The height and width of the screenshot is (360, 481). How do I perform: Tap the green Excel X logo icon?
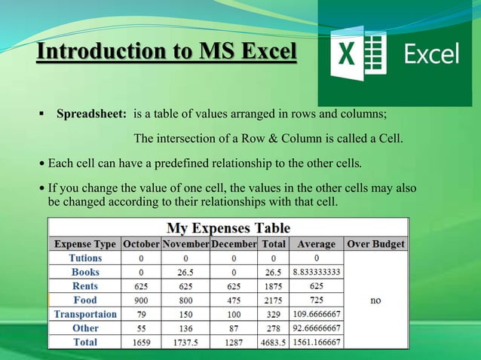point(359,54)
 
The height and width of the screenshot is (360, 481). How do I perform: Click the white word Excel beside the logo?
point(432,54)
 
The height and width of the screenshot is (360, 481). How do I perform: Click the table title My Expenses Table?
point(228,227)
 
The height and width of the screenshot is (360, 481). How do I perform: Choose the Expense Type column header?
point(85,244)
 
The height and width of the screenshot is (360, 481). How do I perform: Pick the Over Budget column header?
point(375,244)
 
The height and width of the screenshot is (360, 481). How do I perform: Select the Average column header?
point(316,244)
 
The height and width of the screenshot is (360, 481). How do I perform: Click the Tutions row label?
point(85,258)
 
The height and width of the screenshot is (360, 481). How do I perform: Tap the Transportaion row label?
point(85,314)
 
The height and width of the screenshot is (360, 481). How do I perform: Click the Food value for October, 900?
point(141,301)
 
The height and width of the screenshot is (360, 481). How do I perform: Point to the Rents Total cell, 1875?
point(273,286)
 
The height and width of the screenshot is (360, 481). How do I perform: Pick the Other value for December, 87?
point(233,328)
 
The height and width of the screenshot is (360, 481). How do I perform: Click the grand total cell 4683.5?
point(273,342)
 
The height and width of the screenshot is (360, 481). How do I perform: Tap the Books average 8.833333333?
point(316,273)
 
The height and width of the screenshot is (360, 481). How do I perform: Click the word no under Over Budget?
point(375,300)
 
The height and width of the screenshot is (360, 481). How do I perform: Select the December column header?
point(234,244)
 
